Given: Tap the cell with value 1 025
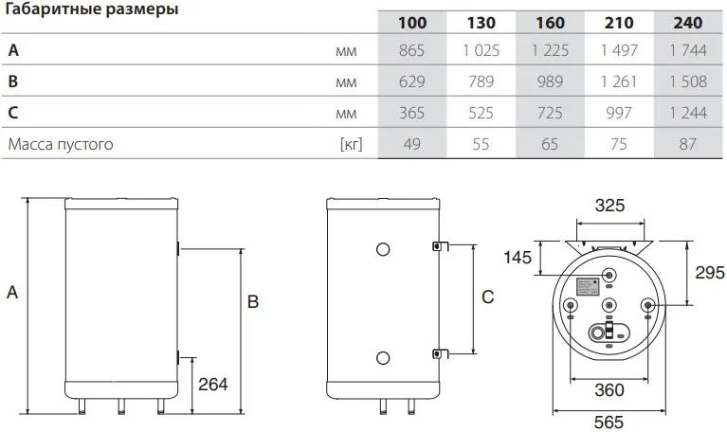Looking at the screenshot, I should tap(471, 51).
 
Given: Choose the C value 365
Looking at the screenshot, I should tap(398, 114).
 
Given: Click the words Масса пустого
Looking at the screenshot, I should tap(61, 145).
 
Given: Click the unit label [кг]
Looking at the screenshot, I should tap(351, 145).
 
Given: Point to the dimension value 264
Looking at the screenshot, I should tap(212, 384).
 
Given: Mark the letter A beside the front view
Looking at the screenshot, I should tap(12, 294).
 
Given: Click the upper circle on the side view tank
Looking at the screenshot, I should tap(382, 249).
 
